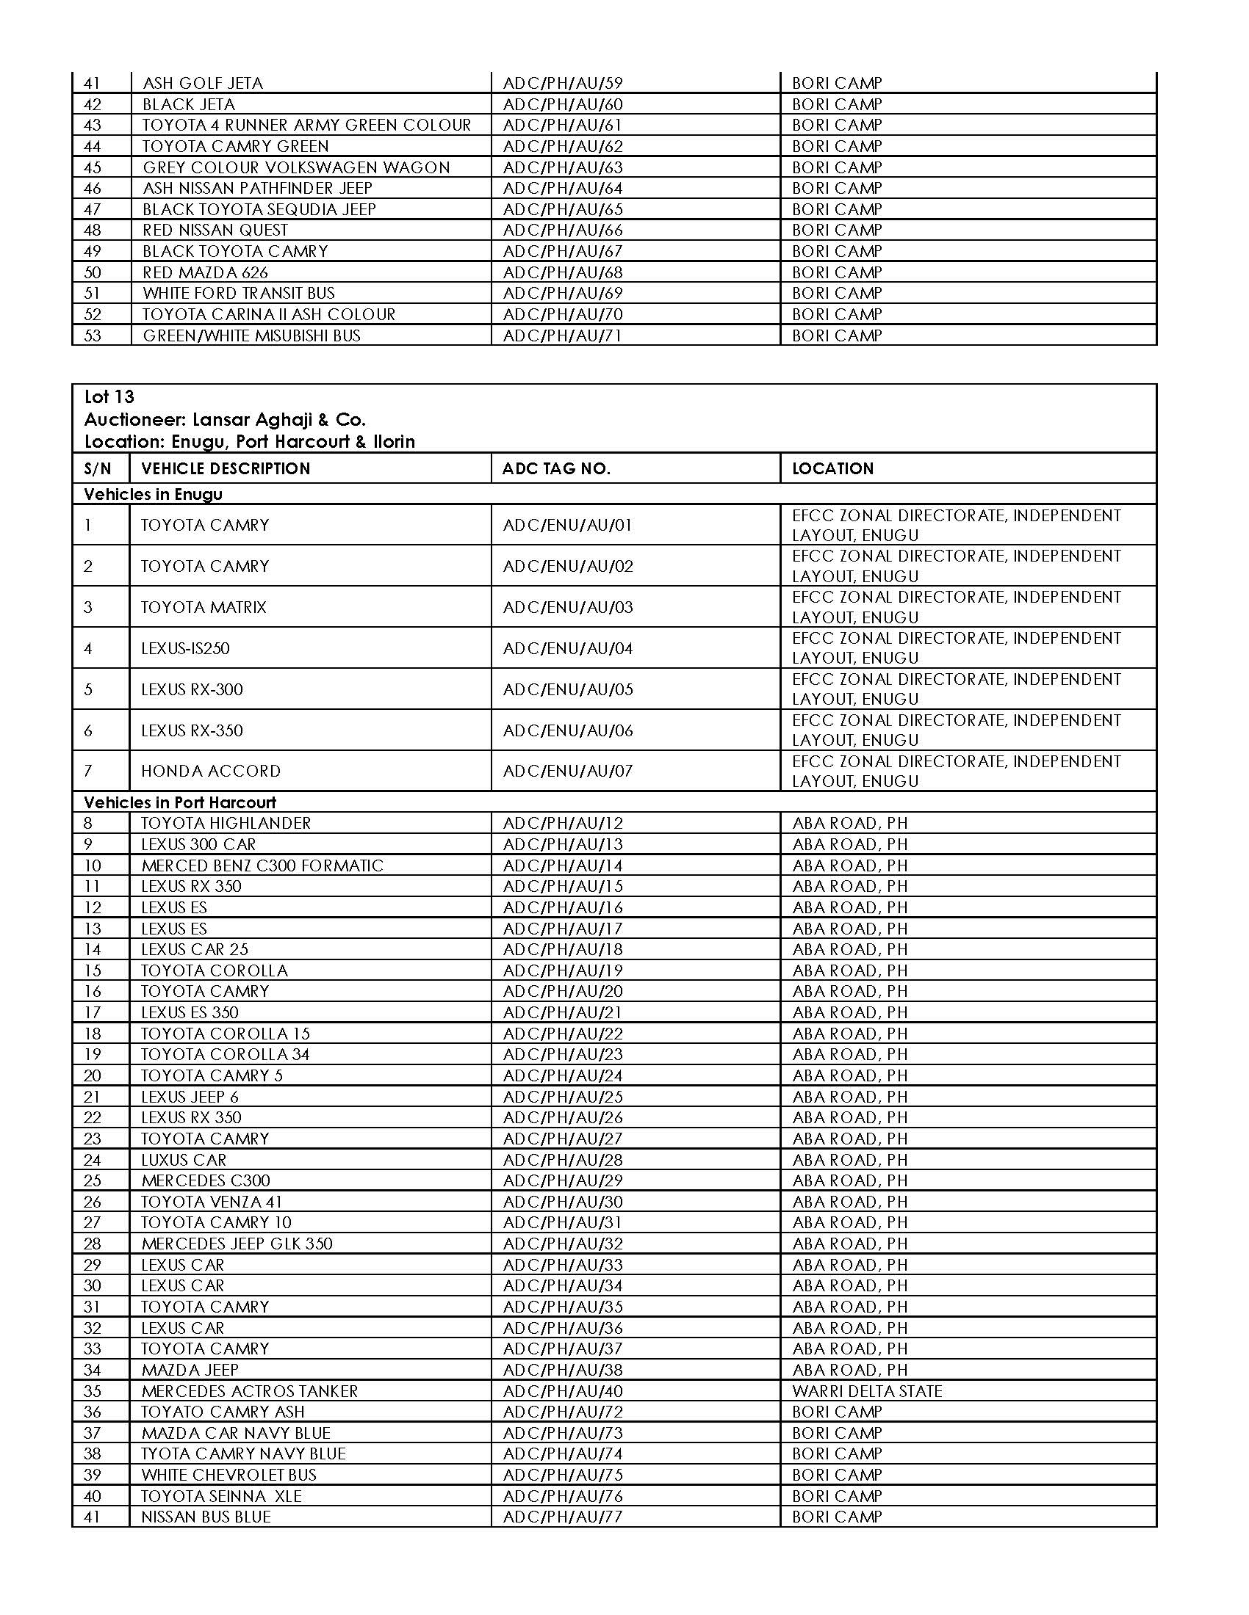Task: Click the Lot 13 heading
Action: click(x=109, y=397)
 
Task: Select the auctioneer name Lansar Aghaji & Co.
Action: click(x=279, y=420)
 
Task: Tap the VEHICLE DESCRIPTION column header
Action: click(x=226, y=468)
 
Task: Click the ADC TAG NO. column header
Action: click(x=555, y=468)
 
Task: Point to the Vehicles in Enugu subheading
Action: click(x=153, y=494)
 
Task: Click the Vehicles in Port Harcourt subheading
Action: click(x=180, y=802)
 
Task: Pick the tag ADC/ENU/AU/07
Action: click(x=567, y=772)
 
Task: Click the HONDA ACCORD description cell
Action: click(x=211, y=772)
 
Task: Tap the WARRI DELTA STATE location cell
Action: click(x=867, y=1391)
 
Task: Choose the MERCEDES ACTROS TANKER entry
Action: click(x=249, y=1391)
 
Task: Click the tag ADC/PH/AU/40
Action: click(x=562, y=1391)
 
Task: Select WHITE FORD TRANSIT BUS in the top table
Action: click(x=238, y=293)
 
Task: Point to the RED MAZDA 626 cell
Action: click(x=205, y=272)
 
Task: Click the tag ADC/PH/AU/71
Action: click(x=562, y=335)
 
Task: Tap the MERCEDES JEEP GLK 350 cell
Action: click(x=237, y=1244)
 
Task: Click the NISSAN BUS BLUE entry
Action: click(x=206, y=1517)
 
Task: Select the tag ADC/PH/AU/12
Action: click(x=562, y=823)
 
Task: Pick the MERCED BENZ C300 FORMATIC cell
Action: click(x=262, y=865)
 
